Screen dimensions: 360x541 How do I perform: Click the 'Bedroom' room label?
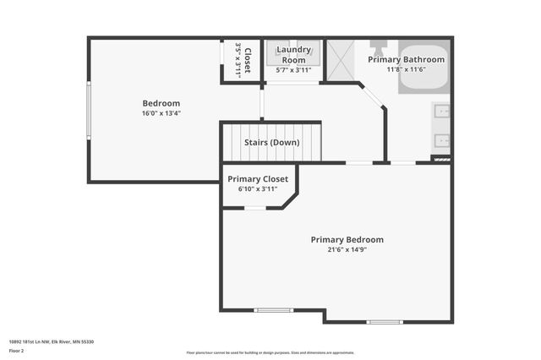(161, 103)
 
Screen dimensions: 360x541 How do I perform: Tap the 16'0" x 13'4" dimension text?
(161, 112)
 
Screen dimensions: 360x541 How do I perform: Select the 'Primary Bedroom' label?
(347, 239)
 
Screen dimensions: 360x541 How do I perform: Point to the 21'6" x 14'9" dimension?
(347, 249)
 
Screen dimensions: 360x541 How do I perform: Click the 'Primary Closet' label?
(258, 179)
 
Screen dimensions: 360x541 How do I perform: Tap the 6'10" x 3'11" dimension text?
(258, 188)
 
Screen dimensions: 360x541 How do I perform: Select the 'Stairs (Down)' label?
(271, 142)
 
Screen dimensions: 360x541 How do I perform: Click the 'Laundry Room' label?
(294, 55)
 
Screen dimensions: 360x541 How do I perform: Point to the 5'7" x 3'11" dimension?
(294, 70)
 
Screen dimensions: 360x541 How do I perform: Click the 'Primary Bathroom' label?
(406, 59)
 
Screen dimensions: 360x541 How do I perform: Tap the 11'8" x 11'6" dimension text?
(406, 69)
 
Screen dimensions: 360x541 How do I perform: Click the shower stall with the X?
(340, 59)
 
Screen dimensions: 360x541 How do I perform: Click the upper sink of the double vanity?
(442, 111)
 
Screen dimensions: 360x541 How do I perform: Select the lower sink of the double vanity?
(442, 139)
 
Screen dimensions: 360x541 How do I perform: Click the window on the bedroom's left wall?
(89, 110)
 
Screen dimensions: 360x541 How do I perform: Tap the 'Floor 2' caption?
(17, 350)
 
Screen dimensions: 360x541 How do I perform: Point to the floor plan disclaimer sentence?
(270, 352)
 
